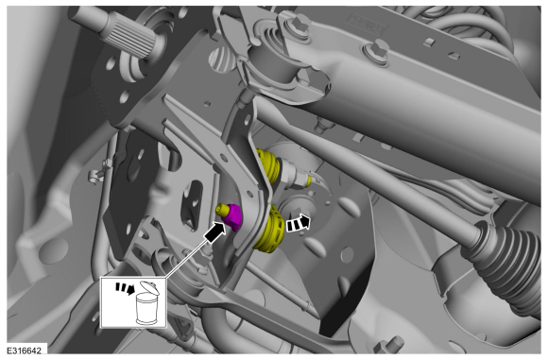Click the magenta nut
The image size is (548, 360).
[x=232, y=217]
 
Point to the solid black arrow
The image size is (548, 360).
[x=215, y=231]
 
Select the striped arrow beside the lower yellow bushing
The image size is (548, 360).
[x=299, y=223]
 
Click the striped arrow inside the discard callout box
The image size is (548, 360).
[x=125, y=288]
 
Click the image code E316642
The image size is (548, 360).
[x=25, y=351]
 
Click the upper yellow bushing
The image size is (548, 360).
[x=268, y=165]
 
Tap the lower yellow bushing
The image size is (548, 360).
[x=270, y=229]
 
